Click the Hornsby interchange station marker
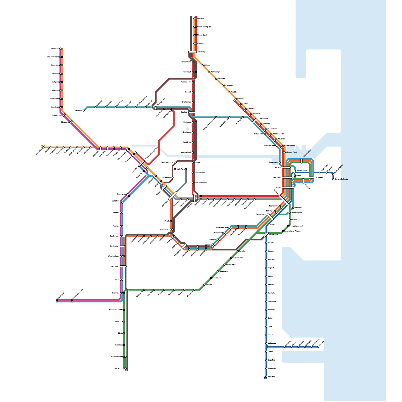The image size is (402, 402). point(193,52)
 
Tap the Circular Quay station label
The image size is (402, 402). point(307,154)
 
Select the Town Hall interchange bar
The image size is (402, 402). point(287,178)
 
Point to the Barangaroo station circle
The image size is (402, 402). point(280,163)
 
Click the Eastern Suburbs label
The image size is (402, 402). point(341,179)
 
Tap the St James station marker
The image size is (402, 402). point(312,178)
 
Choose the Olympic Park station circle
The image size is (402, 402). point(186,169)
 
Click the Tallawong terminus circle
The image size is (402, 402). point(84,111)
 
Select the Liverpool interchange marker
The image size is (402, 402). point(123,266)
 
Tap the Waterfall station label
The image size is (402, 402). point(271,377)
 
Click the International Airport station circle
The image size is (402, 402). point(283,231)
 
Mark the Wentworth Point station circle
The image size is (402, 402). point(176,163)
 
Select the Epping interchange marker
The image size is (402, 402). point(192,112)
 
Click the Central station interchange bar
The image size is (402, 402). point(288,188)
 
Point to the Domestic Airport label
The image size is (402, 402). point(296,226)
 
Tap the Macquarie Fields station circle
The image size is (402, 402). point(124,310)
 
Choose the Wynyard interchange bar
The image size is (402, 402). point(286,168)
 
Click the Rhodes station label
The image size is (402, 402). point(197,163)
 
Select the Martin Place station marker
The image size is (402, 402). point(295,172)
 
